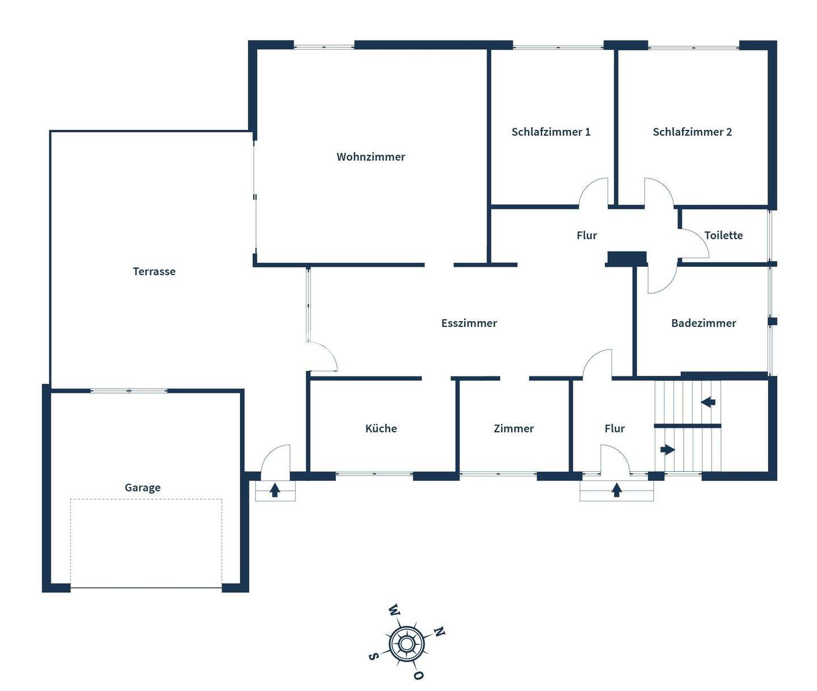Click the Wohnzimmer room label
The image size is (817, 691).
(370, 157)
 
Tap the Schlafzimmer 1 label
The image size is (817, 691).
(550, 132)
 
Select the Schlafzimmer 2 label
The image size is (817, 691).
(692, 132)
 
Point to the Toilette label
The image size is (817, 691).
(723, 235)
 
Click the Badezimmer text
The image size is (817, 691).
(703, 323)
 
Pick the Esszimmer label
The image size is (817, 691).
(469, 323)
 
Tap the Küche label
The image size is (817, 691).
(381, 429)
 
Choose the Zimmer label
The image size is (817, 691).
(513, 429)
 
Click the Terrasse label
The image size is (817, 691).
(154, 271)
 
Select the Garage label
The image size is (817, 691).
(142, 487)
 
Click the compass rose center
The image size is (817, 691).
(406, 644)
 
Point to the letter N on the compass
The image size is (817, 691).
(439, 631)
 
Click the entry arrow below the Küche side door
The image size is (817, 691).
(275, 489)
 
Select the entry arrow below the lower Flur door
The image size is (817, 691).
(617, 489)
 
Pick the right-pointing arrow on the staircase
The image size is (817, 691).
(668, 450)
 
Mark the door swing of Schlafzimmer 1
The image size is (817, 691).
(593, 191)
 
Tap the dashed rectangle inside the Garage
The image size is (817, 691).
(146, 543)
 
